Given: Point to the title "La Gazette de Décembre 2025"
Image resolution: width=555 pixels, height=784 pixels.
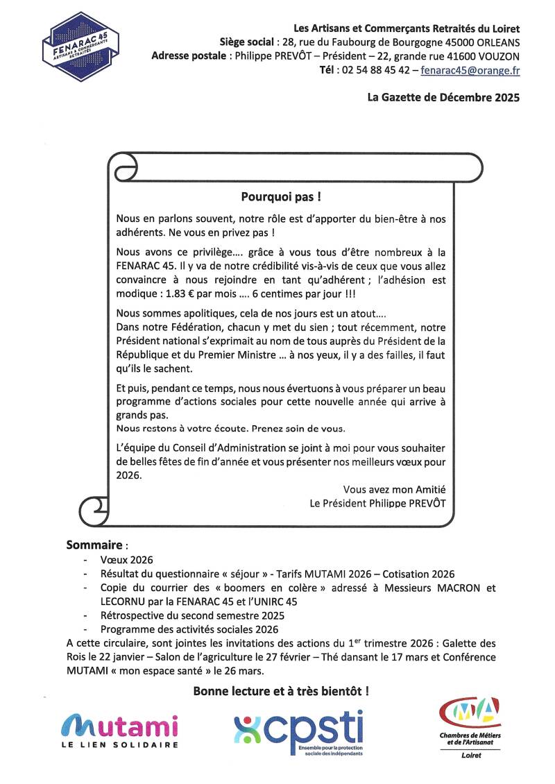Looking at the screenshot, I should pyautogui.click(x=443, y=98).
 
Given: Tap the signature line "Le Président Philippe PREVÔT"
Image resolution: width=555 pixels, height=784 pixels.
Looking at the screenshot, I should pyautogui.click(x=377, y=503).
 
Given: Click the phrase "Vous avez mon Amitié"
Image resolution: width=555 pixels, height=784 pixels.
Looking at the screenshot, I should pyautogui.click(x=394, y=489).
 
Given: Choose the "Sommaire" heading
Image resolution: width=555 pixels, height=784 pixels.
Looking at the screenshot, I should pyautogui.click(x=94, y=545).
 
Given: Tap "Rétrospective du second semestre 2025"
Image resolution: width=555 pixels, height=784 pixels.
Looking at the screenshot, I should pyautogui.click(x=192, y=615).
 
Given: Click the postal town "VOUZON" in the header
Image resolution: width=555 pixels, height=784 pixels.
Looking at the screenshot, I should pyautogui.click(x=497, y=56).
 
